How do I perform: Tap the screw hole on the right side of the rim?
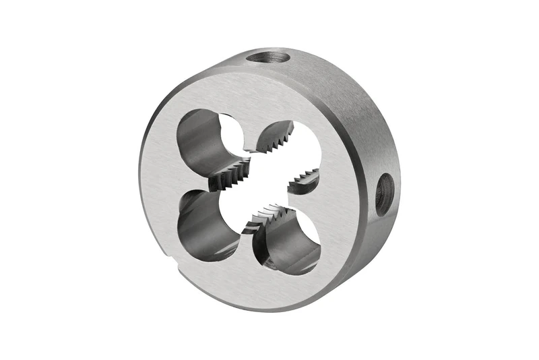[x=384, y=194]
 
